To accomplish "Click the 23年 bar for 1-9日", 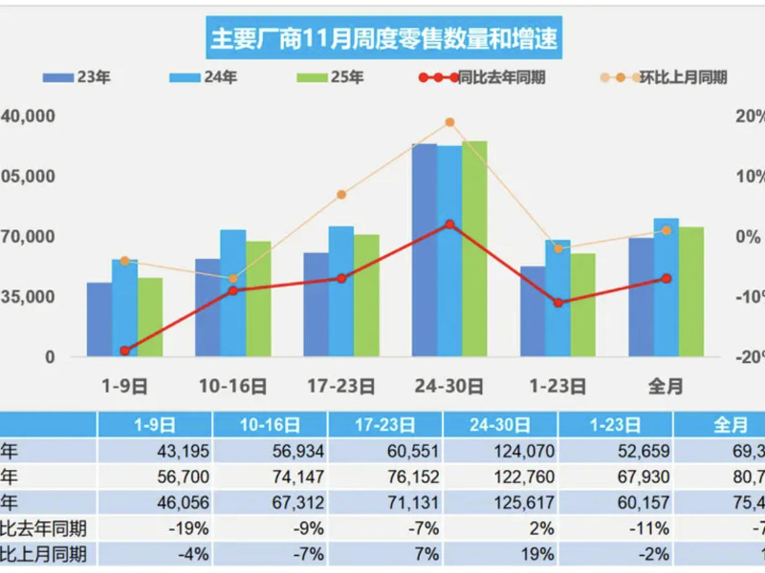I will [99, 319].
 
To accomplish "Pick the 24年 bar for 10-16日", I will [233, 292].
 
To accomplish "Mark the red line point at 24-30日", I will [449, 224].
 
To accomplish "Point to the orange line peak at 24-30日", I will [449, 122].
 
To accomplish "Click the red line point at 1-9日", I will [124, 350].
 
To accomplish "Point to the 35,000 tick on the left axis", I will [29, 297].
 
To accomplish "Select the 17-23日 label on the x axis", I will [340, 386].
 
